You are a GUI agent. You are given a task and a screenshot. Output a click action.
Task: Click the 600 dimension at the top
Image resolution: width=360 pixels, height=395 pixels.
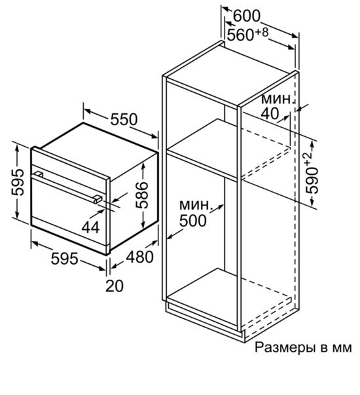point(247,16)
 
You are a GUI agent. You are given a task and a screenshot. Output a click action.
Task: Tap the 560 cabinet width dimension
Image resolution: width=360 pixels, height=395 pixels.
point(240,35)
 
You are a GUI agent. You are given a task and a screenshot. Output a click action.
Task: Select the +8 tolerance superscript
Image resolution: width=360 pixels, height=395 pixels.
point(262,32)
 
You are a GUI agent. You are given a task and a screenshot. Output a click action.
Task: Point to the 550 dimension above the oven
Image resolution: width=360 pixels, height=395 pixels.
point(124,119)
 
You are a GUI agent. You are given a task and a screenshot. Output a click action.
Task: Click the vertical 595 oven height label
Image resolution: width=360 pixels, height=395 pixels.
point(18,182)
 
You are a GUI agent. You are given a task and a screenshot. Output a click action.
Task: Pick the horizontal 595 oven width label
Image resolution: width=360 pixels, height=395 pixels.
point(64,259)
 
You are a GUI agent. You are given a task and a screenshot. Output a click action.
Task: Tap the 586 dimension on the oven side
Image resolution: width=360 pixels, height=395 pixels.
point(141,195)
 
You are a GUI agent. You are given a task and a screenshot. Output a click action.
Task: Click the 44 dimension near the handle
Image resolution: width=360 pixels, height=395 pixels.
point(90,228)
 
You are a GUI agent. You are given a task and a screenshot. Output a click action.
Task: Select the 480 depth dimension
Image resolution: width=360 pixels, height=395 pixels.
point(139,257)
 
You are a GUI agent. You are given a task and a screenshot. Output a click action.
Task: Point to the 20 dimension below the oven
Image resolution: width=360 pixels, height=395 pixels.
point(115,286)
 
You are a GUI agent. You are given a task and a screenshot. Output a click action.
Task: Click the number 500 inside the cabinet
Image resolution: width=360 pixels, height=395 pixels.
point(193,221)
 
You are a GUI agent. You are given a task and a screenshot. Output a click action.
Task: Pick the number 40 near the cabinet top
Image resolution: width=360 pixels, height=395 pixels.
point(270,113)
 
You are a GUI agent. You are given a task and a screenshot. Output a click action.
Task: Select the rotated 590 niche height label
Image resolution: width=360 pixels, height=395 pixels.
point(312,180)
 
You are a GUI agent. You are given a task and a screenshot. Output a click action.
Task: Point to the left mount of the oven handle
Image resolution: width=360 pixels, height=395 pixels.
point(38,174)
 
